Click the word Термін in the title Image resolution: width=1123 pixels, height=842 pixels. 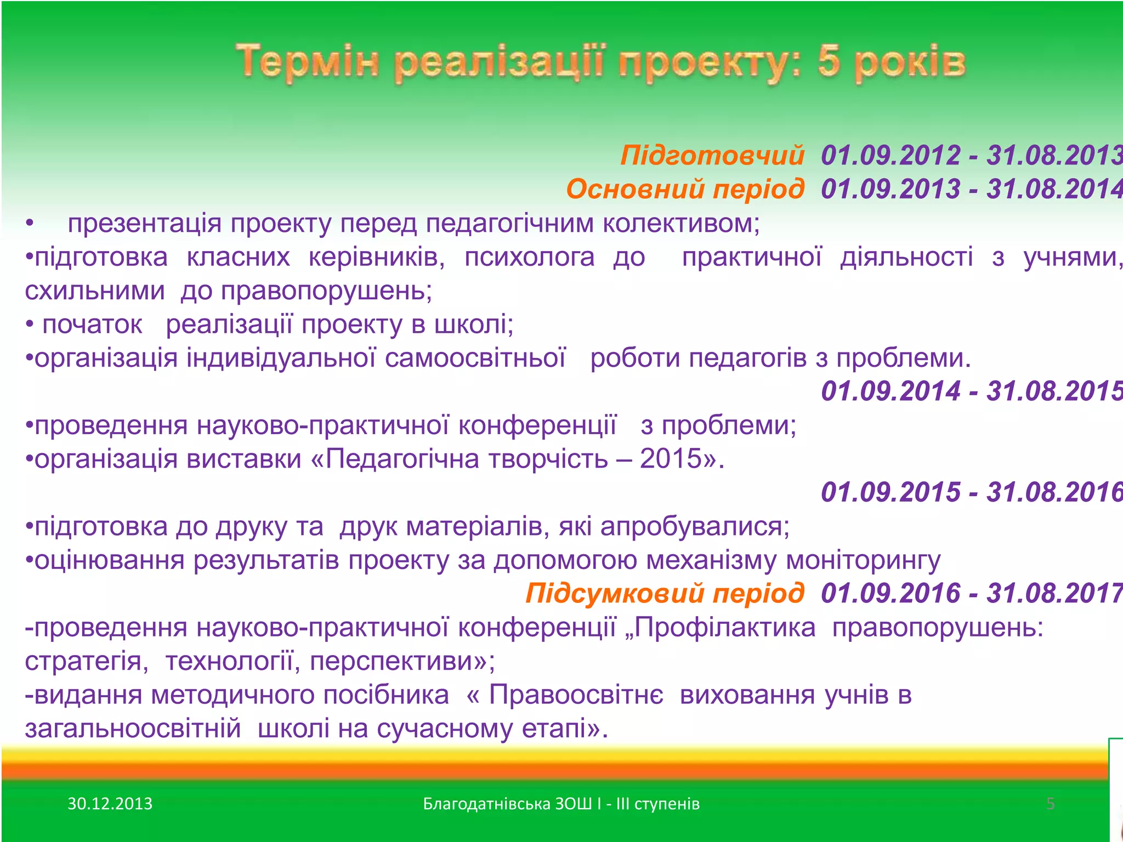308,62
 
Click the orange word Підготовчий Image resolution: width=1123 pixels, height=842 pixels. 712,155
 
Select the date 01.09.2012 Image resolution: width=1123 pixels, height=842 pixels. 891,155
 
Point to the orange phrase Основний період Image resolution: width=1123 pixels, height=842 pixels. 685,189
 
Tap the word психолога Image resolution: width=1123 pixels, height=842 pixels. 529,257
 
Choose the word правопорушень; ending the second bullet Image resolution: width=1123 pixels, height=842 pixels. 326,291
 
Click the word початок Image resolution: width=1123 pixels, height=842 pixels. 92,325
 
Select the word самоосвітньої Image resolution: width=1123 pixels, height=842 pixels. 475,359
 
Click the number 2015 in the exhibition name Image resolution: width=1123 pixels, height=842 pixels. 671,459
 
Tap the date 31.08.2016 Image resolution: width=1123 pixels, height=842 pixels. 1054,492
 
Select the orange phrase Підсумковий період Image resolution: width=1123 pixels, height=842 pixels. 665,594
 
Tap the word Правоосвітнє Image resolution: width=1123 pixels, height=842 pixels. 576,695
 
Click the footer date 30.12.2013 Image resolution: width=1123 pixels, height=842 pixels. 110,804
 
